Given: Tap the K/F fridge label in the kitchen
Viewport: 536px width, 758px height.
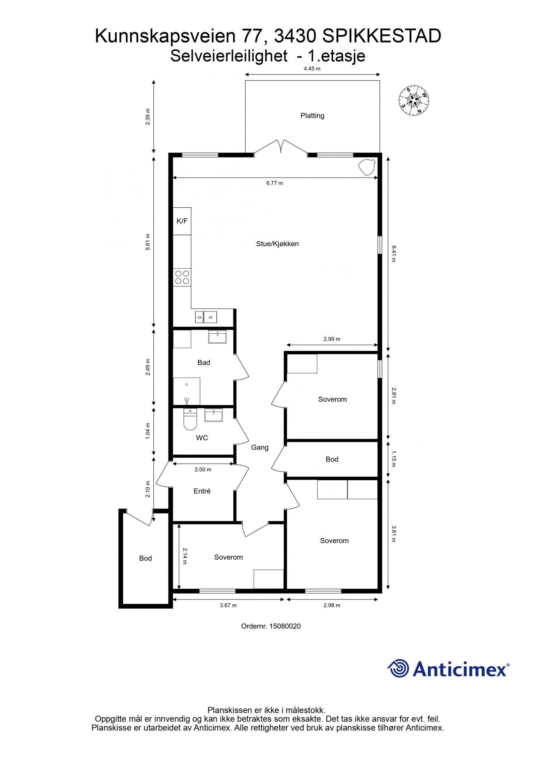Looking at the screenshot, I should click(182, 221).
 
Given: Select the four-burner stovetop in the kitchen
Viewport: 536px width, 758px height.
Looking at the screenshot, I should click(182, 277).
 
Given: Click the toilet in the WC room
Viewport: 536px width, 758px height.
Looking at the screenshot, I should click(190, 421).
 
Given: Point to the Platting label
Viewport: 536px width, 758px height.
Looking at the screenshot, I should click(312, 116).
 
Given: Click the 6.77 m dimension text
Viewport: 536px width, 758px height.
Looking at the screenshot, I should click(274, 183).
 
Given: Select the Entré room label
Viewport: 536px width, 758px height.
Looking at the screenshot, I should click(202, 491).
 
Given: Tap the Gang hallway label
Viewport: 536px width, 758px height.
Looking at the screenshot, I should click(260, 447).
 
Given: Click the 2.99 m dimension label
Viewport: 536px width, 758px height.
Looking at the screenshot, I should click(332, 339).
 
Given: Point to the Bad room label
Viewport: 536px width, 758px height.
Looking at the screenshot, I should click(204, 362).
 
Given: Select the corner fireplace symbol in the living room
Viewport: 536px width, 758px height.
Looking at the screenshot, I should click(367, 166).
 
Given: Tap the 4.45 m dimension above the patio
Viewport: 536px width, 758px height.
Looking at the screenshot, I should click(312, 69).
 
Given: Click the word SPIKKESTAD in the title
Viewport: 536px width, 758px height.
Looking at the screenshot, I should click(382, 37).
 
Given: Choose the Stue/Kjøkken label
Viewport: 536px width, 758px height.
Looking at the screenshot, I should click(277, 244).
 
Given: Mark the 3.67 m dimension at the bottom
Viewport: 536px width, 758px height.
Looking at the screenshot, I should click(228, 605).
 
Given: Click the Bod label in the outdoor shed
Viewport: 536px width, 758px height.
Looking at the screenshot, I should click(145, 558).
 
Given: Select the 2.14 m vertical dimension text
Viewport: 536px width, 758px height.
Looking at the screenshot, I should click(185, 556).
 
